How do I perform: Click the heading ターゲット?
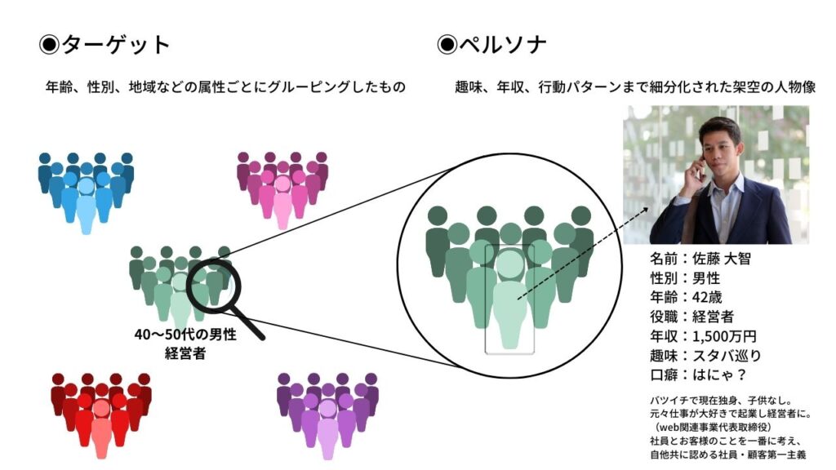[105, 44]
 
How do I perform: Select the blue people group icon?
[86, 193]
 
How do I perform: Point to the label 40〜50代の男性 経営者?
[185, 343]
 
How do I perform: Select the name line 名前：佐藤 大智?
[700, 259]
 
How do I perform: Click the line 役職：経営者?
[691, 317]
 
